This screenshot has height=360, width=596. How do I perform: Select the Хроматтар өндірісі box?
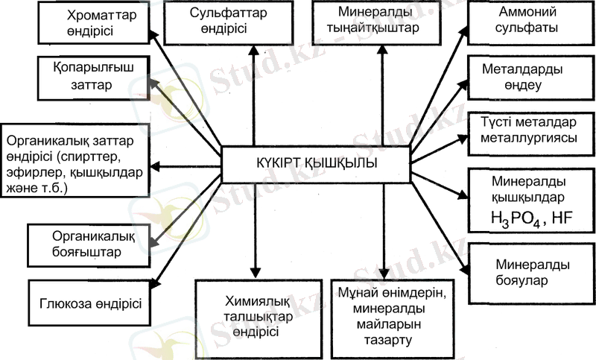[x=95, y=23]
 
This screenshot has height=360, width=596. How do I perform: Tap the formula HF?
[x=563, y=218]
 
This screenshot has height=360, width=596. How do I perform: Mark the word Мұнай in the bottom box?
[x=357, y=294]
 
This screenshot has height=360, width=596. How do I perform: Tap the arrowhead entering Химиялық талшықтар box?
[x=255, y=271]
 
